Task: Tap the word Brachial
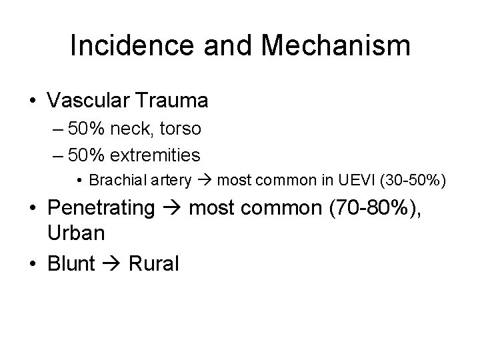[111, 180]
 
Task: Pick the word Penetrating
[101, 208]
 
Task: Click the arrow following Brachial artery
[203, 181]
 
